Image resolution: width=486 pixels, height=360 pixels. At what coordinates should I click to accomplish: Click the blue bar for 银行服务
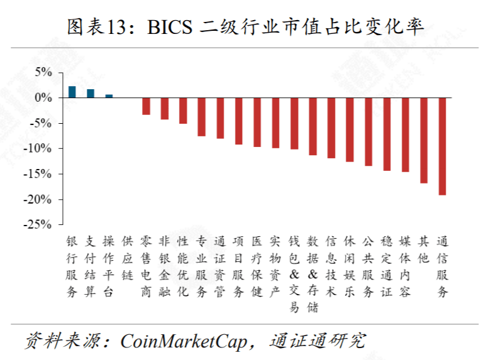coord(72,92)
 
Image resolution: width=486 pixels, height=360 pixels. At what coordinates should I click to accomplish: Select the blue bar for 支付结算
coord(91,94)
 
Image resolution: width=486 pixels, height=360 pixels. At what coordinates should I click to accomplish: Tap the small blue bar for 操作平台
coord(109,96)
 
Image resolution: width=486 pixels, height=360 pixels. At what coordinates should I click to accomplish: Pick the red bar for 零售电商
coord(146,106)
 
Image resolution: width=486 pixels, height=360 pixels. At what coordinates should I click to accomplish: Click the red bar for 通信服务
coord(443,146)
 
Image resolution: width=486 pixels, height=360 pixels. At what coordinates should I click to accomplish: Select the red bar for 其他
coord(424,140)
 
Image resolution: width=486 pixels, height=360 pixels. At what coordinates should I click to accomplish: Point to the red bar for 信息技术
coord(331,128)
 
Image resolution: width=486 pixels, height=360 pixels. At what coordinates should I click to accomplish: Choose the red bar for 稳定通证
coord(387,134)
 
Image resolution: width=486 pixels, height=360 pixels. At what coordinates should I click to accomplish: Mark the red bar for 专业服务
coord(201,117)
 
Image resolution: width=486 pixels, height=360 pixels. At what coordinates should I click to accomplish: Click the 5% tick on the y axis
coord(43,72)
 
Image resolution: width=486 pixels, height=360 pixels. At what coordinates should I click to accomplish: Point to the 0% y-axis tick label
coord(43,98)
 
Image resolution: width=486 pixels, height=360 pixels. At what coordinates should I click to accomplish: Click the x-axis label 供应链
coord(128,258)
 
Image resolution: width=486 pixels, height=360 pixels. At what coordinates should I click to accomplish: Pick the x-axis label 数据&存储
coord(312,274)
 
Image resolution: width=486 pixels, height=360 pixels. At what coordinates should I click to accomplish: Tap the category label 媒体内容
coord(406,266)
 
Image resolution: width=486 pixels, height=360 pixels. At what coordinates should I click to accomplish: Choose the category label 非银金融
coord(165,266)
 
